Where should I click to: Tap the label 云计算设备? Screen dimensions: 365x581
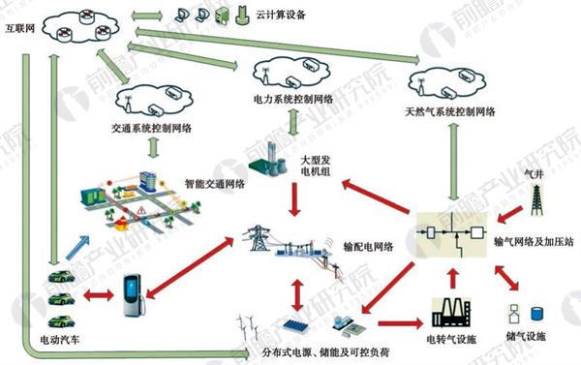280,16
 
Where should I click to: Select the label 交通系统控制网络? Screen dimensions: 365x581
150,128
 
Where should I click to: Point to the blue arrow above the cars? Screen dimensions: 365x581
83,247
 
